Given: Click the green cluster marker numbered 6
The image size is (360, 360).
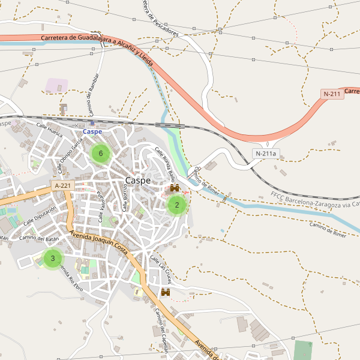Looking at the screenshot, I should click(x=101, y=154).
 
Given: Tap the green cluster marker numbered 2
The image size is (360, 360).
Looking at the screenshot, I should click(x=176, y=205).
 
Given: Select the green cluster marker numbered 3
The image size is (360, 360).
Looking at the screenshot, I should click(x=53, y=259).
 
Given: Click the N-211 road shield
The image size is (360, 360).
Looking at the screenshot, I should click(x=332, y=94).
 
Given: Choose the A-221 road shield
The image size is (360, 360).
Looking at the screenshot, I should click(x=62, y=186).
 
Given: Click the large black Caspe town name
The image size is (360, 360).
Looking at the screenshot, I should click(x=138, y=181).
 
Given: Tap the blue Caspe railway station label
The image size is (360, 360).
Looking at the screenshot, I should click(x=92, y=131).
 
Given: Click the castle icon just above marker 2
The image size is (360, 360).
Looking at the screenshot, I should click(x=175, y=188).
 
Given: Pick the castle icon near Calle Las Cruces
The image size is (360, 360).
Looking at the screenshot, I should click(x=166, y=292).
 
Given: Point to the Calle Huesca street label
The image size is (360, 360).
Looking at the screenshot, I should click(x=49, y=130).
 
